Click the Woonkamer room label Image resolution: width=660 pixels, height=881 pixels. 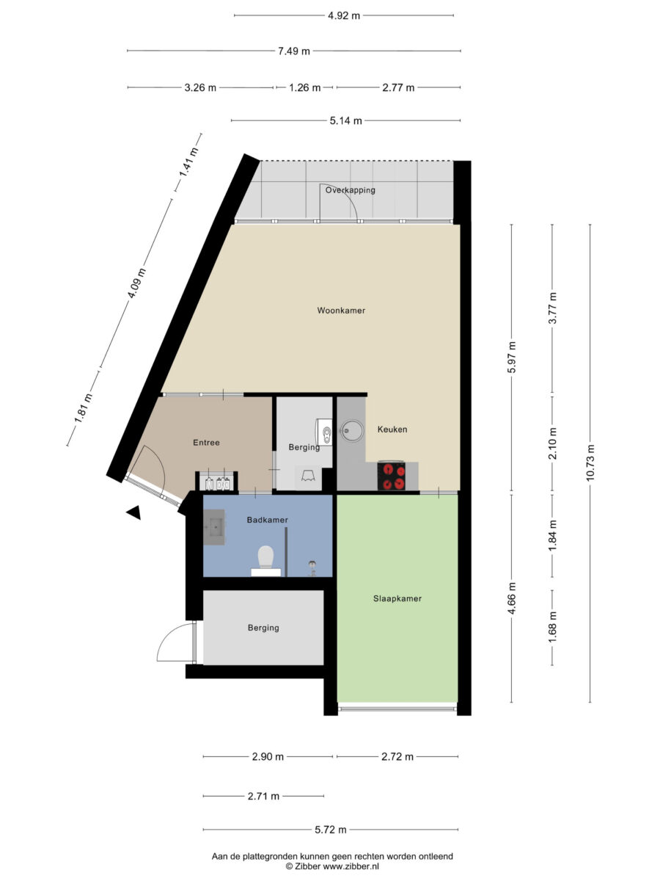[341, 311]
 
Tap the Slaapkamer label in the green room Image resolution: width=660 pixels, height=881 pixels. [397, 598]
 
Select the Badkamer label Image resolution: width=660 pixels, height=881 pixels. [267, 520]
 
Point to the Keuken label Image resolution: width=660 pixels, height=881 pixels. [392, 429]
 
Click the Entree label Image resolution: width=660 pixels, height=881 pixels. [206, 443]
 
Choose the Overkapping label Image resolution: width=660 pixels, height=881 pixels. [351, 190]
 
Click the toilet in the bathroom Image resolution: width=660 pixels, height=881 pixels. [265, 561]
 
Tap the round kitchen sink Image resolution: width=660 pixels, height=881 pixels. [352, 431]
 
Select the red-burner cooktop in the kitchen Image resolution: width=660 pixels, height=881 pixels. [391, 476]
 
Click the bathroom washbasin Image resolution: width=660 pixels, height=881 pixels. [214, 527]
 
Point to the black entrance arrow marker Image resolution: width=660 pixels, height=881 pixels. [134, 512]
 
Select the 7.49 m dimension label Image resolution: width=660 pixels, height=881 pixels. [294, 51]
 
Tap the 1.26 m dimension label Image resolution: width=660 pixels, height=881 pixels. [305, 87]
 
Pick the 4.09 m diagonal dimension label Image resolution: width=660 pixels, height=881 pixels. [136, 283]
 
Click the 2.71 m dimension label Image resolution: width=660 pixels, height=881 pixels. [263, 796]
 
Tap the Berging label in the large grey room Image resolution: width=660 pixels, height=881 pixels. [263, 628]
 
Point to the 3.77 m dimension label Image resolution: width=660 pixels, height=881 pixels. [553, 308]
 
